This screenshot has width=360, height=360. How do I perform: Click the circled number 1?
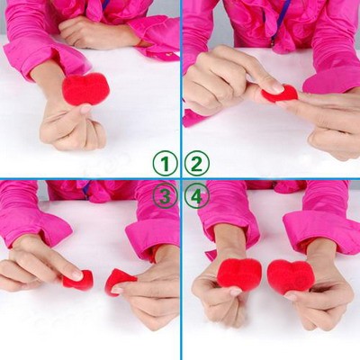click(165, 164)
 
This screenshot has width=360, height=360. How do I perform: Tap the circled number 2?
click(197, 164)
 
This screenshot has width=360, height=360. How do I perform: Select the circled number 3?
click(165, 197)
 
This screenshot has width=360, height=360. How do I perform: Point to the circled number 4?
click(197, 197)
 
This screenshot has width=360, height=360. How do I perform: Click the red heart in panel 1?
click(85, 89)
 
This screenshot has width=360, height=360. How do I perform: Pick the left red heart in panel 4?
click(239, 274)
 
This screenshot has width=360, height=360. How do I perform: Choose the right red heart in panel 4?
click(291, 277)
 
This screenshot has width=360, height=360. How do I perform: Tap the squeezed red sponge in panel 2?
click(280, 94)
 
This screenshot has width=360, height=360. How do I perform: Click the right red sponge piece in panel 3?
click(116, 282)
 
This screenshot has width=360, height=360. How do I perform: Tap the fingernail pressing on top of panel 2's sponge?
click(276, 88)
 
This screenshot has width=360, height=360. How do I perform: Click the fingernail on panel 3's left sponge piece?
click(76, 274)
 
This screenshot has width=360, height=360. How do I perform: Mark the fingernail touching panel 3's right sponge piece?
click(117, 291)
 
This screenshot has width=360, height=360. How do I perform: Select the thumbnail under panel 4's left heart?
click(237, 292)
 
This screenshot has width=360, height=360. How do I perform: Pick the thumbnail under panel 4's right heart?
click(291, 297)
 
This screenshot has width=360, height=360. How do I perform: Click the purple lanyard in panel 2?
click(276, 17)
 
